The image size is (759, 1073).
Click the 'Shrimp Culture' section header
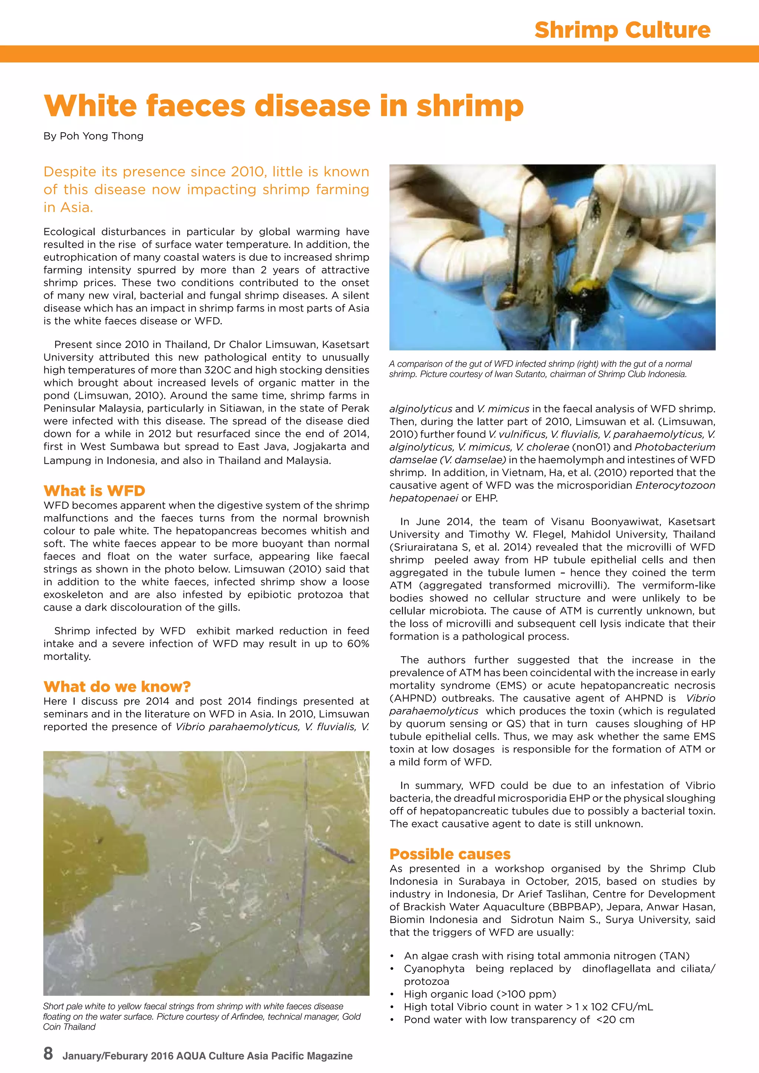(x=622, y=30)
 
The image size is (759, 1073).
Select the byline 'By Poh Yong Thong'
(x=93, y=136)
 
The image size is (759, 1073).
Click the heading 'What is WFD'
(x=95, y=491)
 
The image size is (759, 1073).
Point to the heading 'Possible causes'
(x=450, y=854)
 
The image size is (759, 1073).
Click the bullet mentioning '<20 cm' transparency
(x=519, y=1020)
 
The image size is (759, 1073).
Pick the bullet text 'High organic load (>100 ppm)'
(x=480, y=994)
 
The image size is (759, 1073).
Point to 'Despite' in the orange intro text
(x=67, y=172)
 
